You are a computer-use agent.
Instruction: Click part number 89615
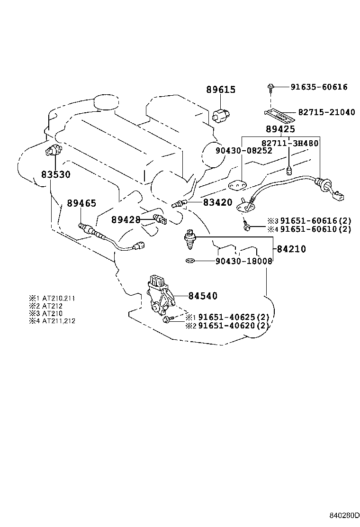(220, 90)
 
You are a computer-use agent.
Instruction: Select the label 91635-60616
(319, 87)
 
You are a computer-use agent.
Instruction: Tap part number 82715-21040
(326, 112)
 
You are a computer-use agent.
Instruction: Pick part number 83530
(55, 174)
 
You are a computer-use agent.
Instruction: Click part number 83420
(217, 202)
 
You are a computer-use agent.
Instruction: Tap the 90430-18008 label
(244, 261)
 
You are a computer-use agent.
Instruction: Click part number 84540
(203, 296)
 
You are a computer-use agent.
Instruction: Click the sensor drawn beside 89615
(221, 115)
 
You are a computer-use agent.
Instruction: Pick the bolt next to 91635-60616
(271, 87)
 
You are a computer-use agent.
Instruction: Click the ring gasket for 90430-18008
(190, 260)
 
